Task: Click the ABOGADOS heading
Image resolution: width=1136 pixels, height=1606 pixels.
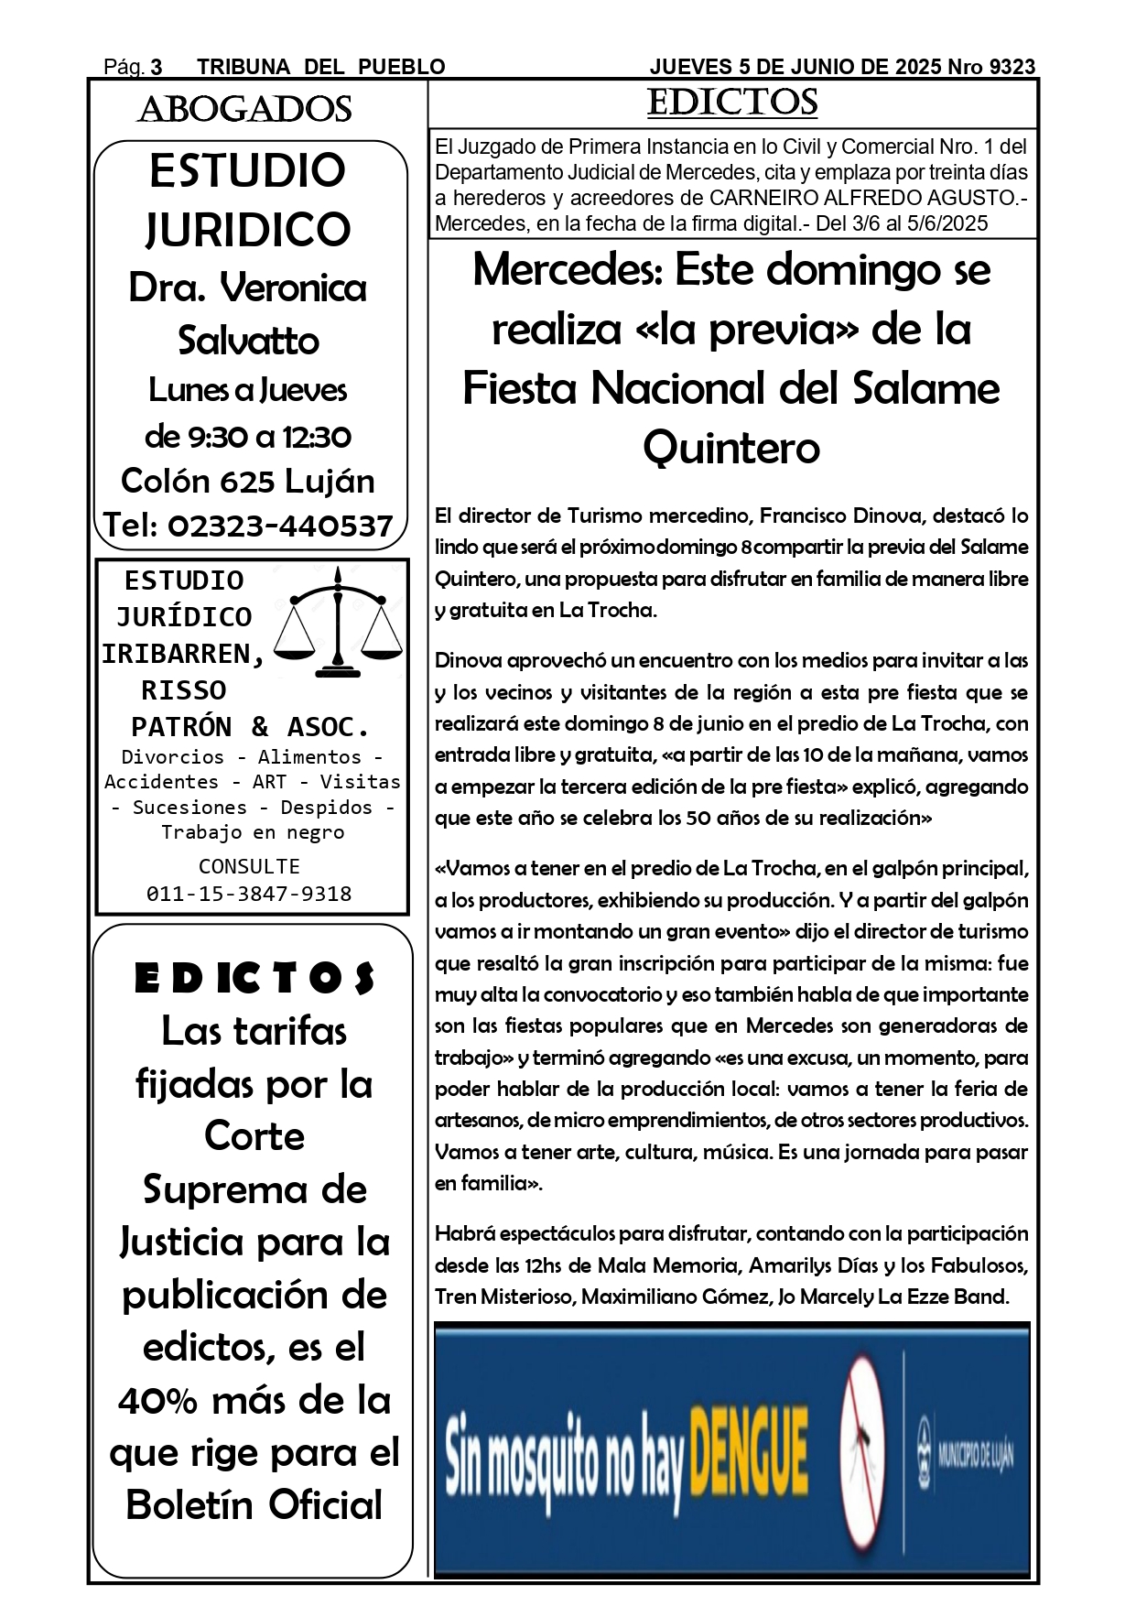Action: (x=244, y=110)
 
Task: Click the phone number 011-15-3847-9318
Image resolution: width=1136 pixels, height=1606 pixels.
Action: (x=249, y=894)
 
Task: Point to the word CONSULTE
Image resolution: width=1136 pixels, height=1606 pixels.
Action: (x=249, y=866)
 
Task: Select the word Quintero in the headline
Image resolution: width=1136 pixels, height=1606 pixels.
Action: (x=731, y=448)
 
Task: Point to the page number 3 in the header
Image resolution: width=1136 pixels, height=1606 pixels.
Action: (x=157, y=67)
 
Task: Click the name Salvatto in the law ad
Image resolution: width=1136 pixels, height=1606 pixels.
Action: (x=248, y=341)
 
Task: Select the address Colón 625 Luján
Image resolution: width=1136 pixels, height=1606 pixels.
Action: (x=248, y=482)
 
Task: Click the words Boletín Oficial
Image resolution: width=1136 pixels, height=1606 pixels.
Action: (x=254, y=1505)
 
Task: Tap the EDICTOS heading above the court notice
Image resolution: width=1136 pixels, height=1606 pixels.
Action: (x=732, y=103)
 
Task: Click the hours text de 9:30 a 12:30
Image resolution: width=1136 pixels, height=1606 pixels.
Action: (x=248, y=437)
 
